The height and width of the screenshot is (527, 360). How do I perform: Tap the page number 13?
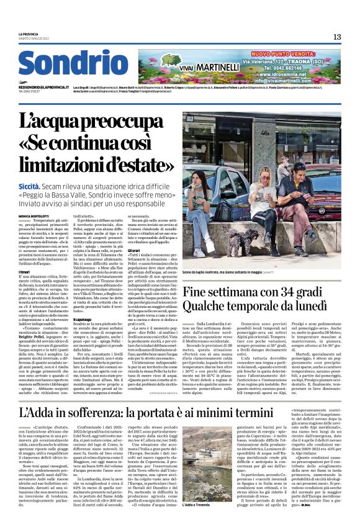coord(336,37)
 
